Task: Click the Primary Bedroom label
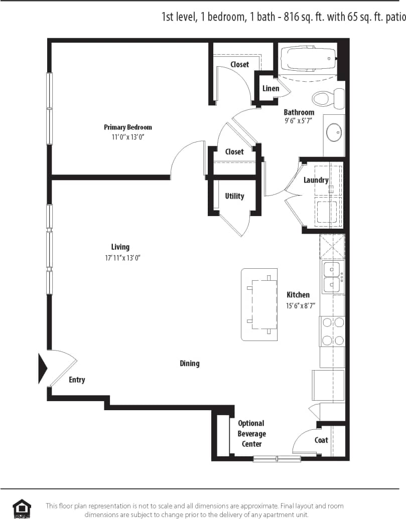click(x=127, y=127)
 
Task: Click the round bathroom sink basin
click(x=333, y=132)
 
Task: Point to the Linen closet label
click(x=271, y=89)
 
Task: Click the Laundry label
click(x=316, y=180)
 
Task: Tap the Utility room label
click(x=234, y=196)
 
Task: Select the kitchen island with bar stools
click(x=259, y=304)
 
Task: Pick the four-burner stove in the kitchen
click(x=332, y=331)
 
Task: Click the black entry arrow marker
click(x=43, y=369)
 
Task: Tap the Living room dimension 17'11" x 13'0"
click(x=120, y=258)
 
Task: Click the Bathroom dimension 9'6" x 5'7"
click(x=299, y=121)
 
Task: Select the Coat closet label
click(x=321, y=440)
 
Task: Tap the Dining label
click(x=190, y=363)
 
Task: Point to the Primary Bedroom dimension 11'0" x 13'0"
click(x=127, y=137)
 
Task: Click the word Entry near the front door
click(x=77, y=380)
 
